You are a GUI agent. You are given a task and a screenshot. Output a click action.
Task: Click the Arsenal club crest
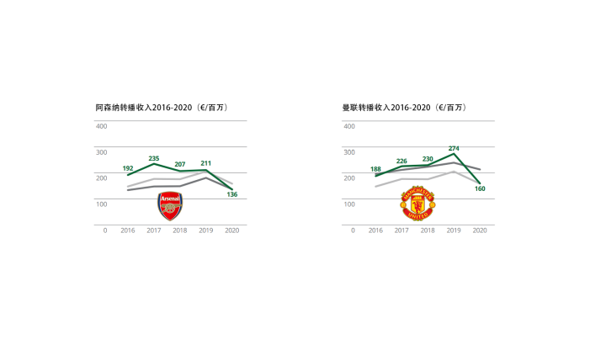click(x=170, y=206)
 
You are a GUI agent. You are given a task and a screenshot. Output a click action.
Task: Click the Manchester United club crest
click(x=417, y=204)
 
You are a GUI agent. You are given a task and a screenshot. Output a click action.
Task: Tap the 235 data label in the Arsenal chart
click(x=154, y=158)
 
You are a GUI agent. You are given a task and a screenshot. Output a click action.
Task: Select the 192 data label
click(x=128, y=168)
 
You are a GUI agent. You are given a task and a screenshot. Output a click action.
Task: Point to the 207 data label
click(x=179, y=164)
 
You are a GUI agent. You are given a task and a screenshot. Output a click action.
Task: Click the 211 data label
click(x=205, y=163)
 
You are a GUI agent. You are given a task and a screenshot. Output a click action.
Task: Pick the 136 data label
click(x=231, y=195)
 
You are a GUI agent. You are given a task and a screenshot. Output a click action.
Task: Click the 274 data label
click(x=454, y=148)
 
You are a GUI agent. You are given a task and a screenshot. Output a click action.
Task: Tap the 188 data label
click(x=375, y=169)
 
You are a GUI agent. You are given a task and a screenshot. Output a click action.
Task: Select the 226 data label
click(x=401, y=161)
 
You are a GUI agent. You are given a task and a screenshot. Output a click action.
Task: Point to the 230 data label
click(x=428, y=159)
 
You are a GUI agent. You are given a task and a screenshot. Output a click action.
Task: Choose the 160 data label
click(x=480, y=189)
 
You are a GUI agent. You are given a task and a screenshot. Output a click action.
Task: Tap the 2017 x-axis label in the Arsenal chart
click(x=154, y=230)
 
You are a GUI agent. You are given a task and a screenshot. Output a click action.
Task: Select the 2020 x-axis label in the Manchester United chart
click(x=480, y=230)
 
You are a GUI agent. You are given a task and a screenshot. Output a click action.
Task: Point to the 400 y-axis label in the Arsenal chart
click(x=101, y=126)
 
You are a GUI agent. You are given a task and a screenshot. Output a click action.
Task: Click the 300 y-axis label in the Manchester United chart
click(x=348, y=152)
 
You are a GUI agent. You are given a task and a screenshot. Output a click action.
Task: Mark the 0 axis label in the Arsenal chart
click(x=105, y=230)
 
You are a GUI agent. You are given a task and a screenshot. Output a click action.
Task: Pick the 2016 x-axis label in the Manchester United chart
click(x=375, y=230)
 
